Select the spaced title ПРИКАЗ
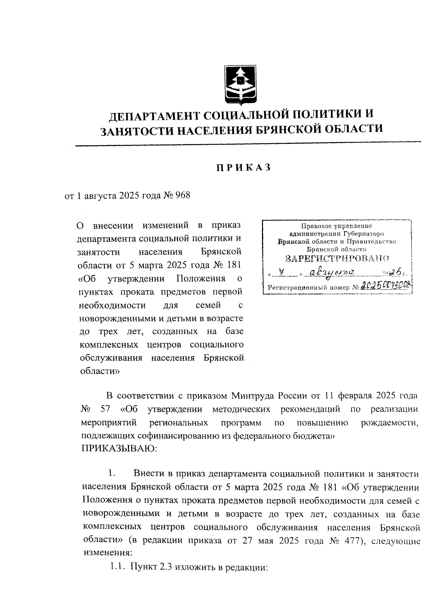[x=243, y=168]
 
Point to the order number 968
[x=183, y=195]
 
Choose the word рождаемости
[x=390, y=423]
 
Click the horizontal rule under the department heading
[x=248, y=144]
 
